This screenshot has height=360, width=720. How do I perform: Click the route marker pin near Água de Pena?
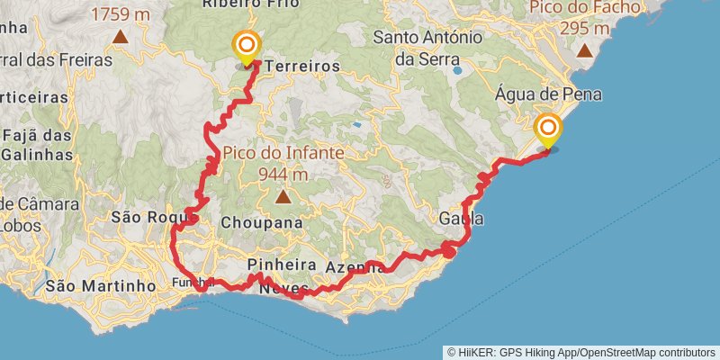coord(547,130)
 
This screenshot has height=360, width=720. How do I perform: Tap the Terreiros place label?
coord(302,67)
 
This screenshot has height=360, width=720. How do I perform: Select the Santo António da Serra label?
coord(421,48)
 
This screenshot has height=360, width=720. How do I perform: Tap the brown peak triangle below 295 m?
coord(585,50)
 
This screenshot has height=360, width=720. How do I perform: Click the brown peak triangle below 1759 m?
coord(121,37)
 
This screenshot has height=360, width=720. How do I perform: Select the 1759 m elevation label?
coord(121,14)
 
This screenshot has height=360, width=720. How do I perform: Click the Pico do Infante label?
coord(283,153)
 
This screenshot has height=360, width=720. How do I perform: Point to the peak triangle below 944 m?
coord(283,196)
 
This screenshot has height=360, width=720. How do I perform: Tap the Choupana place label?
coord(259,221)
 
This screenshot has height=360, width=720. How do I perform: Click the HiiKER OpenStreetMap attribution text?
coord(581,352)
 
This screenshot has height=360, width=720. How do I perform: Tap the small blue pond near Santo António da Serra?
coord(458,69)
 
